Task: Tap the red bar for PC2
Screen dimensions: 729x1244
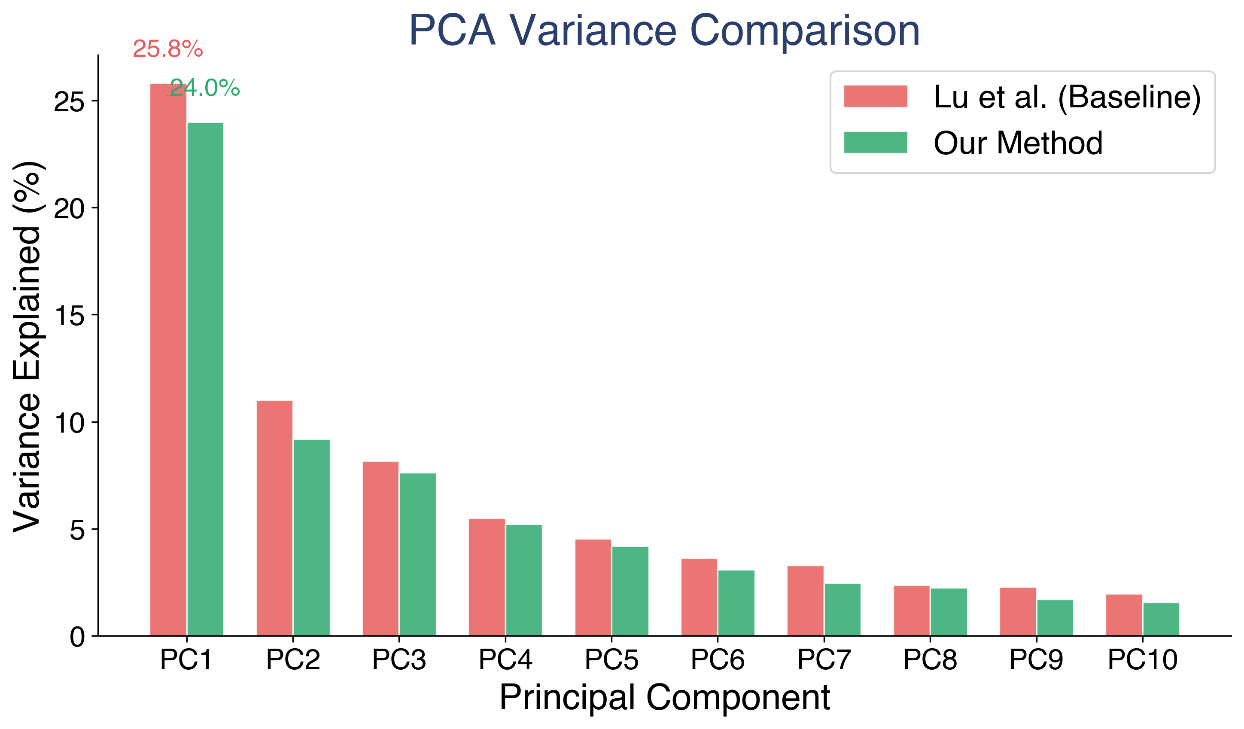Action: coord(274,518)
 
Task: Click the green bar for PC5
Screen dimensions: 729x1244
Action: coord(630,591)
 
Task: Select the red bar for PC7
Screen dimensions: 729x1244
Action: coord(805,601)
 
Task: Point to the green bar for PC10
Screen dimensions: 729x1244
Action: coord(1161,619)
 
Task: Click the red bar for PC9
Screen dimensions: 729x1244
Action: coord(1018,612)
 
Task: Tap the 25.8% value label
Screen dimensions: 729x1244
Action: coord(168,49)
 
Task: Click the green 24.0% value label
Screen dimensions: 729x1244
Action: coord(205,88)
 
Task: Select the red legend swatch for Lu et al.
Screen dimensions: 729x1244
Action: coord(875,96)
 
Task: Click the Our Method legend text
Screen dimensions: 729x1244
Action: coord(1018,143)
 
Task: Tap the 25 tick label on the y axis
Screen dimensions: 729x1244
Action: coord(69,102)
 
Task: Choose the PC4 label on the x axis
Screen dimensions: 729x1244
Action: coord(505,660)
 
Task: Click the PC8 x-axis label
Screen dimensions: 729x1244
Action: coord(930,660)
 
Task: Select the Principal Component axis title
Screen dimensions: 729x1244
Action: coord(664,697)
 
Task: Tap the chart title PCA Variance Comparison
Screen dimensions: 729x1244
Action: coord(664,31)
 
